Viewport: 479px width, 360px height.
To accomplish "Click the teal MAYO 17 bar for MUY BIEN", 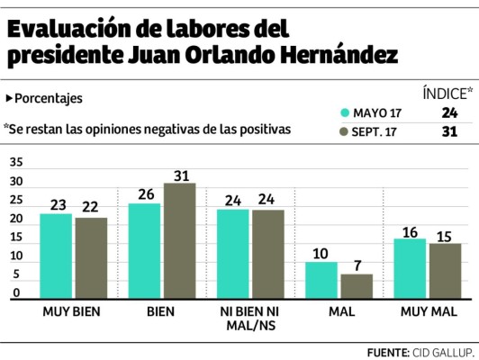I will coord(56,256).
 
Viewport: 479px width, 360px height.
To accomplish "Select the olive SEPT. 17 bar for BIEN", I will coord(180,241).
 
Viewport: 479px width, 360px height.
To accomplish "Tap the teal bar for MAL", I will coord(322,281).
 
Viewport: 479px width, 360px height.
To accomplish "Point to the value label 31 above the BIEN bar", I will coord(180,174).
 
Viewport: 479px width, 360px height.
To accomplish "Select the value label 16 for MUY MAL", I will coord(411,230).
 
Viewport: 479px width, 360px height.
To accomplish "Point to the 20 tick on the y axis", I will coord(17,220).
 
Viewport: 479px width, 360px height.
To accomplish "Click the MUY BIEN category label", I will coord(72,311).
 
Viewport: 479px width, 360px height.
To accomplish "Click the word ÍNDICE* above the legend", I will coord(447,93).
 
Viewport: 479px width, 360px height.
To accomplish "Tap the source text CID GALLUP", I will coord(441,350).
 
